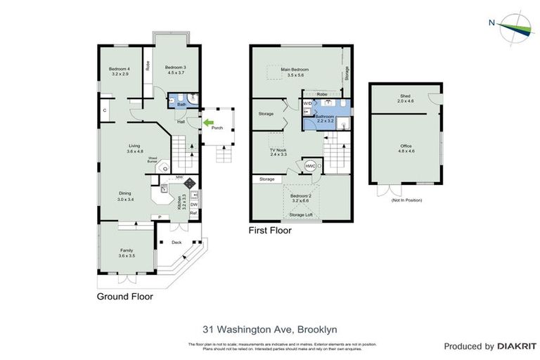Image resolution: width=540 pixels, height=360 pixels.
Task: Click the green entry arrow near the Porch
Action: [207, 122]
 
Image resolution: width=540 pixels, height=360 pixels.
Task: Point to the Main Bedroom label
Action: [296, 72]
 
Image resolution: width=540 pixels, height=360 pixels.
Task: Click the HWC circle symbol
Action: [310, 166]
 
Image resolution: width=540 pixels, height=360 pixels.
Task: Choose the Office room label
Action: [406, 147]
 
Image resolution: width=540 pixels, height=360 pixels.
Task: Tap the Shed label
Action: [405, 98]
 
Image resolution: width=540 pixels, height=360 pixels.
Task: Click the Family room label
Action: [127, 253]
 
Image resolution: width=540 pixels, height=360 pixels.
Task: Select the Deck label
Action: [176, 243]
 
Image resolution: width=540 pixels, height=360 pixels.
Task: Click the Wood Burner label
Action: [153, 160]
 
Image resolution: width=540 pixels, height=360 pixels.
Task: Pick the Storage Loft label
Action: [300, 214]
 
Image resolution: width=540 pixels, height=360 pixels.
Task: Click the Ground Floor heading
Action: [124, 297]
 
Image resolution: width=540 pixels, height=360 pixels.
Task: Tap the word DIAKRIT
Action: [517, 346]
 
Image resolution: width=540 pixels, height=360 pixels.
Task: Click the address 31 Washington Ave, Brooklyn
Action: [269, 328]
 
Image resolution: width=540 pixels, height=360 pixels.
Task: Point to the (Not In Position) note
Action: [406, 200]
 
